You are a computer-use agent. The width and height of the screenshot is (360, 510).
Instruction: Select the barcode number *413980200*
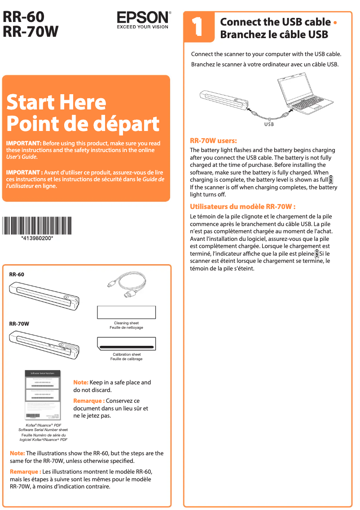(37, 238)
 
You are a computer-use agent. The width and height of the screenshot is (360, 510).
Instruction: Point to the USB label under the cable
(268, 124)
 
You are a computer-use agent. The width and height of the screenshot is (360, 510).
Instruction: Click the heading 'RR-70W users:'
(213, 140)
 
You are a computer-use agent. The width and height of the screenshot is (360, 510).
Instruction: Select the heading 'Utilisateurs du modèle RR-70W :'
(242, 207)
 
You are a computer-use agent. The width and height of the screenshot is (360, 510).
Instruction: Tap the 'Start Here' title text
(56, 102)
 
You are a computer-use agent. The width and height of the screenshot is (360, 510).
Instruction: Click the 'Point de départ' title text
(83, 123)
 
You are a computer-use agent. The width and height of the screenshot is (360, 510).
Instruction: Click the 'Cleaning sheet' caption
(126, 323)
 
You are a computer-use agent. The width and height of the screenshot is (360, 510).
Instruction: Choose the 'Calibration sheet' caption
(126, 354)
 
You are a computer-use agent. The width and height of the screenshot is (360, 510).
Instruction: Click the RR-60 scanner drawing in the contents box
(45, 296)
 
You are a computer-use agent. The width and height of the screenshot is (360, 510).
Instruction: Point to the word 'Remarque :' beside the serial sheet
(88, 401)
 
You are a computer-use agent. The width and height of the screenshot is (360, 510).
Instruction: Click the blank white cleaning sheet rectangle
(126, 312)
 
